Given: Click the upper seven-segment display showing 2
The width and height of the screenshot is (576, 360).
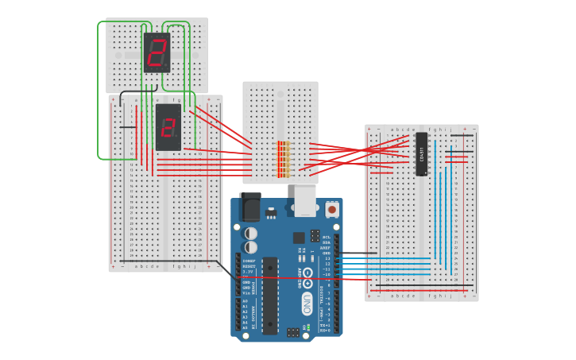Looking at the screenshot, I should click(x=157, y=52).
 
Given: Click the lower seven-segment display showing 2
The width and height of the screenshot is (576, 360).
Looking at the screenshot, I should click(x=168, y=127).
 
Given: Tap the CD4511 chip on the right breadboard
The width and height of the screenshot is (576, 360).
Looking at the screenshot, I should click(x=421, y=153).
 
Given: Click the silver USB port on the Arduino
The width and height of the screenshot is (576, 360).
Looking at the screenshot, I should click(x=305, y=200).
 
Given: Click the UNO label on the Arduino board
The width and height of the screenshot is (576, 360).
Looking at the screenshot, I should click(x=307, y=304).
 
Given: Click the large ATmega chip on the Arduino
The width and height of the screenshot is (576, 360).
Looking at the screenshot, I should click(x=270, y=295).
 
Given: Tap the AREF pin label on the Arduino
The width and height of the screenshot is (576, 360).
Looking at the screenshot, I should click(x=326, y=248).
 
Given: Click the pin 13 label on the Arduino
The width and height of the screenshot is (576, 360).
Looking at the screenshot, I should click(x=327, y=258).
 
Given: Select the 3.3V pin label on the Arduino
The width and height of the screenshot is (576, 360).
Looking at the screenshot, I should click(x=247, y=271).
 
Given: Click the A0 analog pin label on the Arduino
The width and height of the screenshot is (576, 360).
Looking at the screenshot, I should click(x=245, y=301).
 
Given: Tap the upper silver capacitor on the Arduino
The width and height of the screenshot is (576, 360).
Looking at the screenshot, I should click(x=251, y=234).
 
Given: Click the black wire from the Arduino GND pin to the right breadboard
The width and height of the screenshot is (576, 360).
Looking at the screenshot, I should click(x=358, y=254).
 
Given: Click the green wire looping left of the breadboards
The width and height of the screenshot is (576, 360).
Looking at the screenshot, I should click(x=99, y=95).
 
